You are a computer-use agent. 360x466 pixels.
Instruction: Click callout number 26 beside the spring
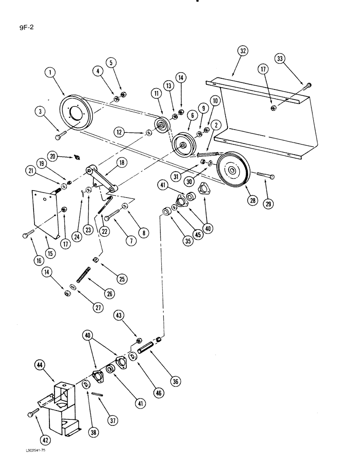click(x=110, y=294)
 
